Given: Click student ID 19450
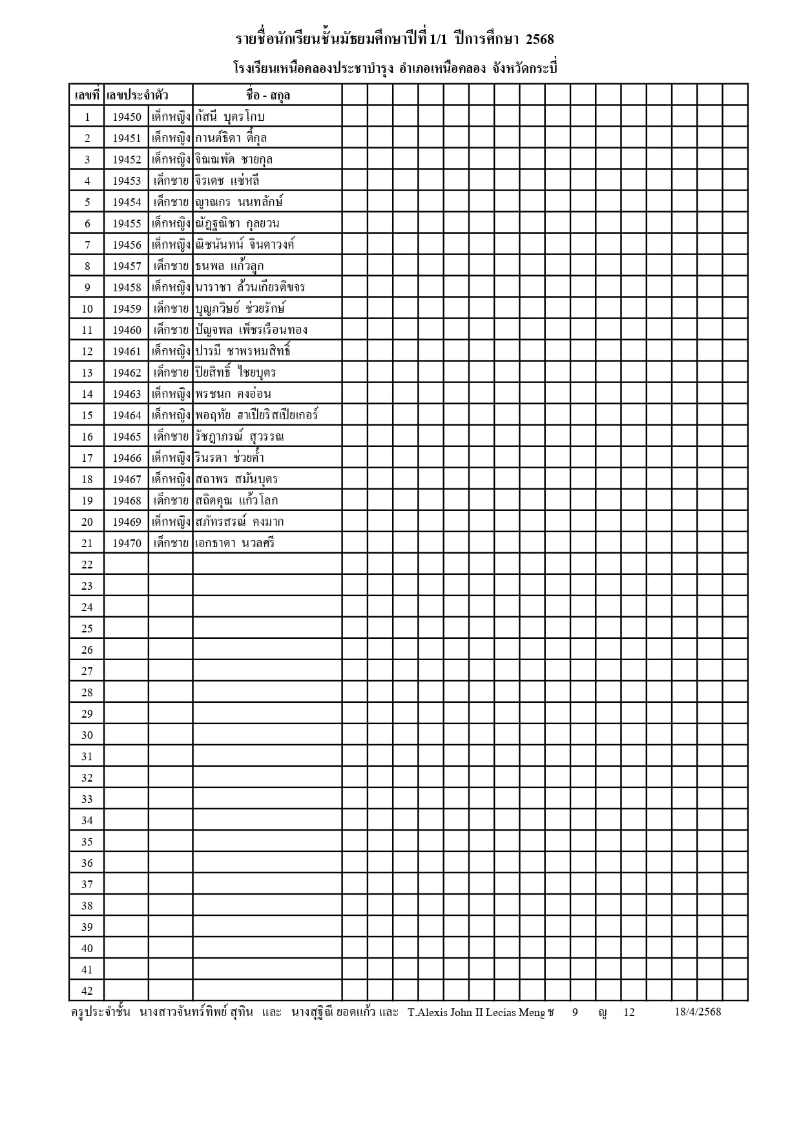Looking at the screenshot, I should pos(127,117).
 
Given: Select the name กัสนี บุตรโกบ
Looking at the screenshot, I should pos(230,117).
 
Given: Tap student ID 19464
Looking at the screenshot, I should pos(127,415).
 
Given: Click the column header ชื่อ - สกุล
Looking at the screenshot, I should pos(267,96).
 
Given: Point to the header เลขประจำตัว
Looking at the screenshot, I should pos(138,96).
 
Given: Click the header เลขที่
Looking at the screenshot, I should pos(87,96).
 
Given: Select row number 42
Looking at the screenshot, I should pos(87,991).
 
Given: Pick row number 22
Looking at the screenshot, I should pos(87,565).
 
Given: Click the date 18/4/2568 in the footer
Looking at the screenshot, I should pos(698,1012).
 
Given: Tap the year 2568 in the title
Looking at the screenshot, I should pos(539,40).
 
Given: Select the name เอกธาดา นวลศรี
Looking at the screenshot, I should pos(235,543).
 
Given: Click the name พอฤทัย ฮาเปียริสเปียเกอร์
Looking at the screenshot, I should pos(257,415).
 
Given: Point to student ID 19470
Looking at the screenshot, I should pos(127,543).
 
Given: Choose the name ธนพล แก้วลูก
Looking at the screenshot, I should pos(229,266).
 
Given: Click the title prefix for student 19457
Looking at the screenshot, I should pos(171,266).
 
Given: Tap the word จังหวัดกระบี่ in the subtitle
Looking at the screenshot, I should pos(525,68).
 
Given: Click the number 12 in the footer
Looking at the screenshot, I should pos(629,1012).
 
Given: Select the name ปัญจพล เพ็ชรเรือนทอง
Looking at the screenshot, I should pos(251,330).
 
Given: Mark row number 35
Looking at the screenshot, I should pos(87,842).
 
